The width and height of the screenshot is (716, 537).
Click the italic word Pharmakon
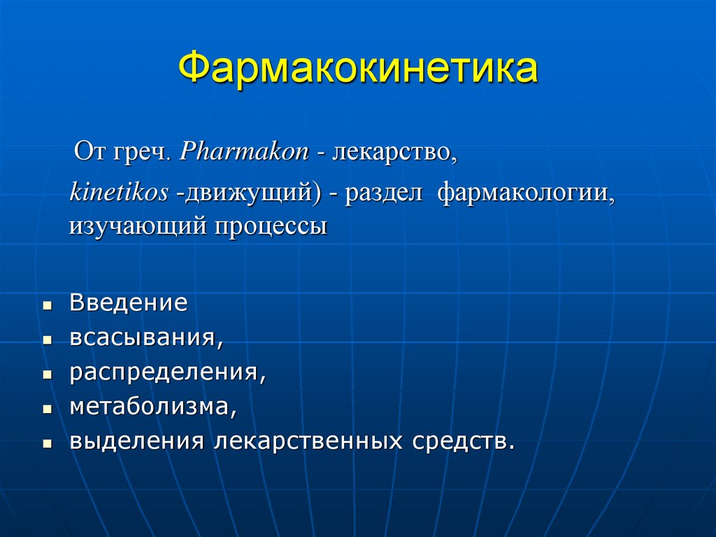(x=244, y=153)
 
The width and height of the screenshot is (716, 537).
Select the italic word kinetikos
(x=118, y=193)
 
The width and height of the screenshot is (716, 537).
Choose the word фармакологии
(x=527, y=193)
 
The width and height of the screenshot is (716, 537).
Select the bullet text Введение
(x=128, y=303)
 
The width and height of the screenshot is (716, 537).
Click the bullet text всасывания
(x=146, y=338)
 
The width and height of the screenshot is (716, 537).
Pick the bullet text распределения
(x=167, y=372)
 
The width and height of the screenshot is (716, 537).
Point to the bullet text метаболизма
(x=153, y=407)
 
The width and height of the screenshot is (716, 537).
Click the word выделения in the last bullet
(x=136, y=442)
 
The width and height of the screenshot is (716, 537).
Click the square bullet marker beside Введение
(x=47, y=306)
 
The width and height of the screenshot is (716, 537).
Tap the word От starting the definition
(x=89, y=153)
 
